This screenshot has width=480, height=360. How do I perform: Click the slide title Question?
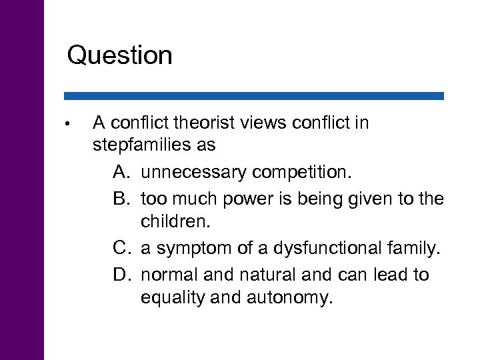119,55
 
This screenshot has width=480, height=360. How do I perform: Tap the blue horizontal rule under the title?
253,96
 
